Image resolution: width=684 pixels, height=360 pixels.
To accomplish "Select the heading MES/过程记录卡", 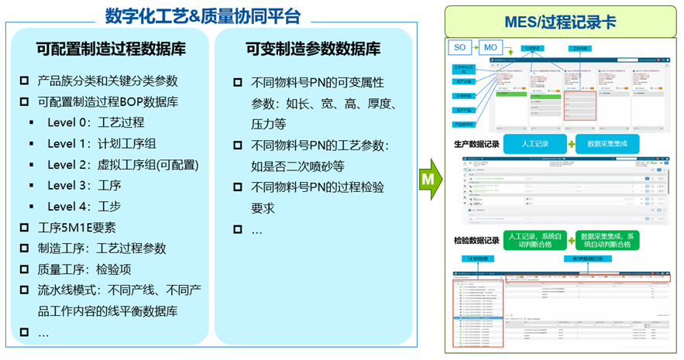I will (561, 22).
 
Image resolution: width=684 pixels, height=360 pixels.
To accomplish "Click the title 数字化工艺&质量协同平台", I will (203, 15).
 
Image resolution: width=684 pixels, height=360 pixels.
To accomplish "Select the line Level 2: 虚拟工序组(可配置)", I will (122, 164).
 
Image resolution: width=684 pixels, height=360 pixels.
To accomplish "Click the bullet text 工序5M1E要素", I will (77, 227).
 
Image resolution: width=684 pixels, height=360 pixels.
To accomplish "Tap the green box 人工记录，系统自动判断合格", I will (534, 239).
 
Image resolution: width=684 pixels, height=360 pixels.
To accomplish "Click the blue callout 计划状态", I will (533, 48).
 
